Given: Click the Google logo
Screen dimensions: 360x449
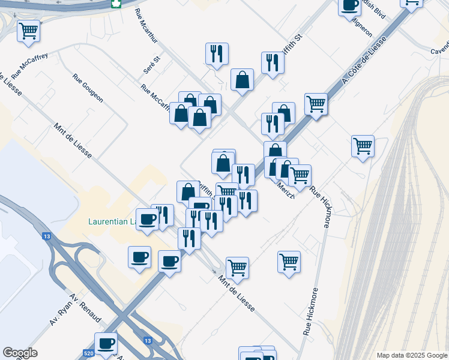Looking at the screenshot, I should (x=20, y=353).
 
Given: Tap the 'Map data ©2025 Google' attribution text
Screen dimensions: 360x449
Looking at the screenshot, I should (x=411, y=355).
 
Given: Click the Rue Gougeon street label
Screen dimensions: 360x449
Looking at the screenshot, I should (x=88, y=88).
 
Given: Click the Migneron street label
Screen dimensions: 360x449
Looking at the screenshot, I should (x=362, y=27).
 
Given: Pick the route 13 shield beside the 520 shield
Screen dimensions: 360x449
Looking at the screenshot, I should (x=148, y=340).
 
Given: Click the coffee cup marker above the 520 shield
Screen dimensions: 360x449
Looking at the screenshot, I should (x=106, y=344).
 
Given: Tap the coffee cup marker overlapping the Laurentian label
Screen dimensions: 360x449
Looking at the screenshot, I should (x=147, y=219).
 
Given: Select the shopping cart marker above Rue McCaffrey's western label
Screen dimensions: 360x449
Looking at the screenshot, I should (x=28, y=31).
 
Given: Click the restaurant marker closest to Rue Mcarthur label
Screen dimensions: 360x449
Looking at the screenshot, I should (x=216, y=53).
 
